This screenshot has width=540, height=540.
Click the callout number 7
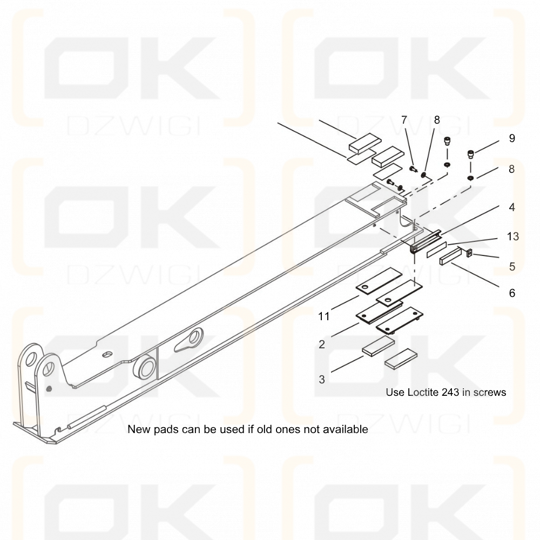coord(404,120)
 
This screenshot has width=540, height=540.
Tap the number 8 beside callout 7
coord(437,120)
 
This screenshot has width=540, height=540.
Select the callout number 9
coord(512,138)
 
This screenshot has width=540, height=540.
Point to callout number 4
coord(512,207)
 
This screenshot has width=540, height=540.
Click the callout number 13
coord(513,237)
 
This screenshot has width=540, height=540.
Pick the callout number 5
coord(512,267)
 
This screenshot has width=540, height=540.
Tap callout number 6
coord(512,293)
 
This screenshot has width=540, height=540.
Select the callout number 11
coord(323,316)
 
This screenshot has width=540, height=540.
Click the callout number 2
coord(322,344)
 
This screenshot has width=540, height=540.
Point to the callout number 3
coord(322,379)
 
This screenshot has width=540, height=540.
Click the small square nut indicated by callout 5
coord(468,253)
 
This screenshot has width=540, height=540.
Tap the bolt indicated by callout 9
coord(470,154)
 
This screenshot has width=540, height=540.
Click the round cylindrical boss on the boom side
coord(144,367)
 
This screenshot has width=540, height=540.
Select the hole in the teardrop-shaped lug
coord(197,336)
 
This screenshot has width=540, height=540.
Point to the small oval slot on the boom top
coord(108,354)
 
